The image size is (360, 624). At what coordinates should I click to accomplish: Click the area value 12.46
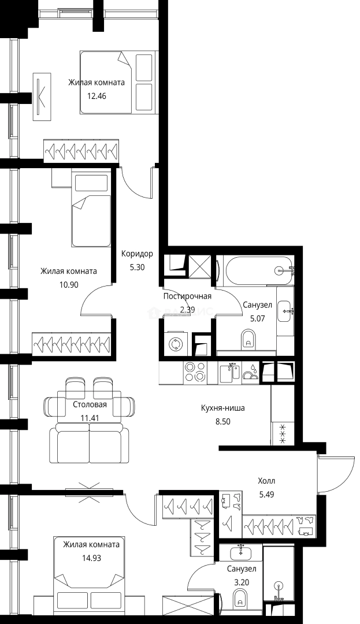tap(97, 96)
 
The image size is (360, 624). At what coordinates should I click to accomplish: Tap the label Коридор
tap(137, 254)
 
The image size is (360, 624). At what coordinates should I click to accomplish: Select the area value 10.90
tap(68, 284)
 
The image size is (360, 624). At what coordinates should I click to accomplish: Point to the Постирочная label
tap(187, 296)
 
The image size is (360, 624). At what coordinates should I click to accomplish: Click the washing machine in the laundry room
tap(175, 343)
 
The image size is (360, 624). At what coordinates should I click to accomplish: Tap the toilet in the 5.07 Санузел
tap(248, 339)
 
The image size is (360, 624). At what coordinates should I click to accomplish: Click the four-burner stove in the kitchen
tap(195, 373)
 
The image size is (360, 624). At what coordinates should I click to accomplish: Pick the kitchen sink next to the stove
tap(230, 373)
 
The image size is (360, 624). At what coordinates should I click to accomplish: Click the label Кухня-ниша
tap(223, 408)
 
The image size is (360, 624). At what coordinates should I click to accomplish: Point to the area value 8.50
tap(223, 421)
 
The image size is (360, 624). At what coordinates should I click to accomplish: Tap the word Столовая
tap(90, 404)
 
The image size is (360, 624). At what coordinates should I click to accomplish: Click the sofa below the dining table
tap(90, 443)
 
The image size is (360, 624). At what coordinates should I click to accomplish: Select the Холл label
tap(266, 481)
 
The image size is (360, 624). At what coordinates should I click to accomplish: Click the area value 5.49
tap(266, 495)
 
